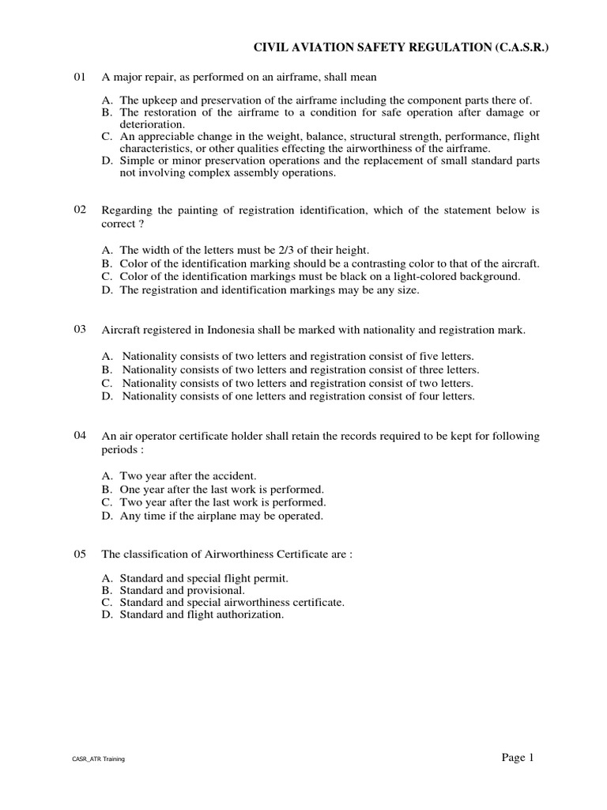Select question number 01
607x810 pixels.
79,77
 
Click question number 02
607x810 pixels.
79,210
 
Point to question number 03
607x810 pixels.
79,329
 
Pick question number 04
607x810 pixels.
79,436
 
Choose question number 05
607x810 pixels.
79,555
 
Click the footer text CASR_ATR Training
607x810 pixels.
98,759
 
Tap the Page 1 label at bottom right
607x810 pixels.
518,758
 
